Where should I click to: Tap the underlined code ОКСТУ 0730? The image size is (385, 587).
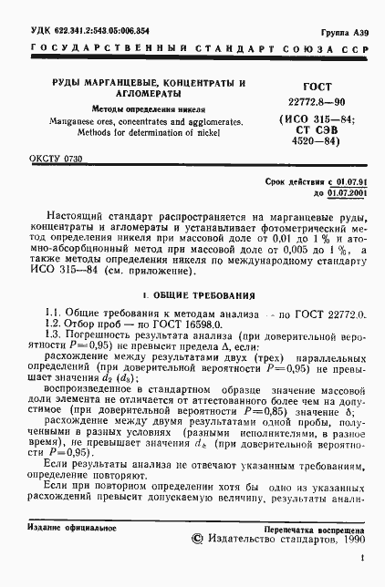56,160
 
